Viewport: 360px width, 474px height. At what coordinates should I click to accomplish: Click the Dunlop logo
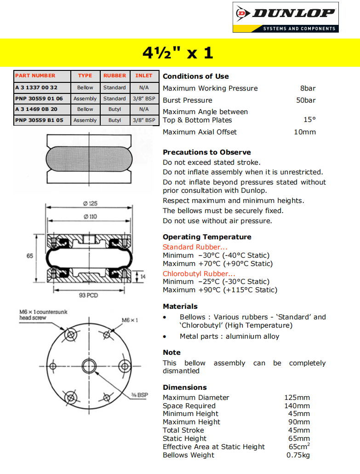pyautogui.click(x=286, y=17)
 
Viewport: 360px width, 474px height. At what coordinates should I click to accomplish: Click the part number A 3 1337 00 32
pyautogui.click(x=36, y=87)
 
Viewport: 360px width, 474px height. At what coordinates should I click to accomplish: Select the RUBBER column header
pyautogui.click(x=114, y=75)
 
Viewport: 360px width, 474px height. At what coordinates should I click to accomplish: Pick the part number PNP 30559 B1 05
pyautogui.click(x=39, y=121)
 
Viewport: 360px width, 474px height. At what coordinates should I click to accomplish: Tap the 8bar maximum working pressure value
pyautogui.click(x=308, y=88)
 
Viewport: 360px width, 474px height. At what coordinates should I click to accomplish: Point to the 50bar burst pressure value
pyautogui.click(x=306, y=100)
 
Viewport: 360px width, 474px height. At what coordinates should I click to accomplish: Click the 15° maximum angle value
pyautogui.click(x=309, y=120)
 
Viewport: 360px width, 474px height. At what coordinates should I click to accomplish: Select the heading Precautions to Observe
pyautogui.click(x=206, y=152)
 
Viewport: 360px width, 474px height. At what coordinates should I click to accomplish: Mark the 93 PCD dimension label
pyautogui.click(x=89, y=295)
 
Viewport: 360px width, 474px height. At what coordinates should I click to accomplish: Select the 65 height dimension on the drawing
pyautogui.click(x=30, y=256)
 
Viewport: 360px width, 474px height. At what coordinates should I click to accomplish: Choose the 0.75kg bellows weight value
pyautogui.click(x=298, y=455)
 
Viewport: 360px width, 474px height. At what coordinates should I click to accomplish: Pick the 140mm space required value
pyautogui.click(x=297, y=406)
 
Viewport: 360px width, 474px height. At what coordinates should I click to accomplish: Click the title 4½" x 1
pyautogui.click(x=178, y=52)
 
